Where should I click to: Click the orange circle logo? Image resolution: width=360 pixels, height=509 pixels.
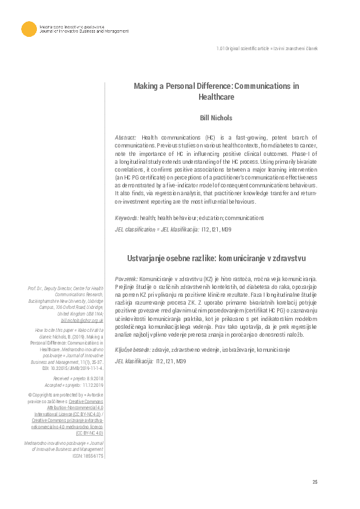point(28,29)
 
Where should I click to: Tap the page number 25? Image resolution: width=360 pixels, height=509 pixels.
point(315,481)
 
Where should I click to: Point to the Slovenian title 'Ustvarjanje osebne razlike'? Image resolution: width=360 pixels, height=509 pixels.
point(216,257)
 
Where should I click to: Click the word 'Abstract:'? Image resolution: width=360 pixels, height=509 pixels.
point(126,138)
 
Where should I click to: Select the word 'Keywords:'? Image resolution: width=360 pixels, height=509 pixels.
point(127,218)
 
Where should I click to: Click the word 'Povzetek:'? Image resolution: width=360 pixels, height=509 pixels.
point(128,279)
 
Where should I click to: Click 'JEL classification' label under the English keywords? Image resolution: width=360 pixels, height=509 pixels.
point(134,230)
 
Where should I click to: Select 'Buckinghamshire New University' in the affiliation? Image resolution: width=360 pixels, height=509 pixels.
point(50,300)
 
